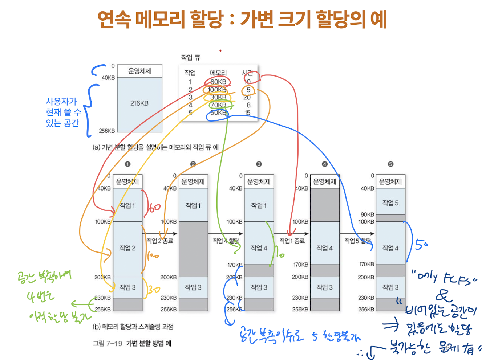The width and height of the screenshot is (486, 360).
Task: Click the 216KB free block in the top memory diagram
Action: (139, 103)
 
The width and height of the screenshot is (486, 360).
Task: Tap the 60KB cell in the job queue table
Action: (218, 82)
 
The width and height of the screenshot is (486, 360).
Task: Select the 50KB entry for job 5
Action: (218, 113)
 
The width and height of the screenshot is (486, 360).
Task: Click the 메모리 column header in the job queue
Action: (218, 73)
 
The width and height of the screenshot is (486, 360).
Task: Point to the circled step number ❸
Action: (259, 164)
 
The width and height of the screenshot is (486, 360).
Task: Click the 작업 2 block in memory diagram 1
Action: (127, 248)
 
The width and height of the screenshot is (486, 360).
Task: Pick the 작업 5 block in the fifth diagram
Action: (390, 203)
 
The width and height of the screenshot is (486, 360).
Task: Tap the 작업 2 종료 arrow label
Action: (160, 241)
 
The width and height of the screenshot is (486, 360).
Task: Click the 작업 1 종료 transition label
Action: (292, 241)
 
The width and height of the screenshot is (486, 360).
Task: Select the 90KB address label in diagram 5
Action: (367, 214)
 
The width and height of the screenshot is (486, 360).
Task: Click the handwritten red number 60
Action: (154, 208)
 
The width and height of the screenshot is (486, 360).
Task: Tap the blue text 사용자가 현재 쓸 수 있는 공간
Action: (62, 112)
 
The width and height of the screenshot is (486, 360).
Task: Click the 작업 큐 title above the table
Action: (191, 57)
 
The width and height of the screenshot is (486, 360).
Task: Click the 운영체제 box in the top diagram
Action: (139, 71)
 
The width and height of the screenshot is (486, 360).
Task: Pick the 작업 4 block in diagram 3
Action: (259, 248)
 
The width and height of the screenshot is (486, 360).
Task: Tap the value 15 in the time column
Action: (247, 113)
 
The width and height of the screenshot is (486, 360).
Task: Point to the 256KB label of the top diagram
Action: (107, 131)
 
